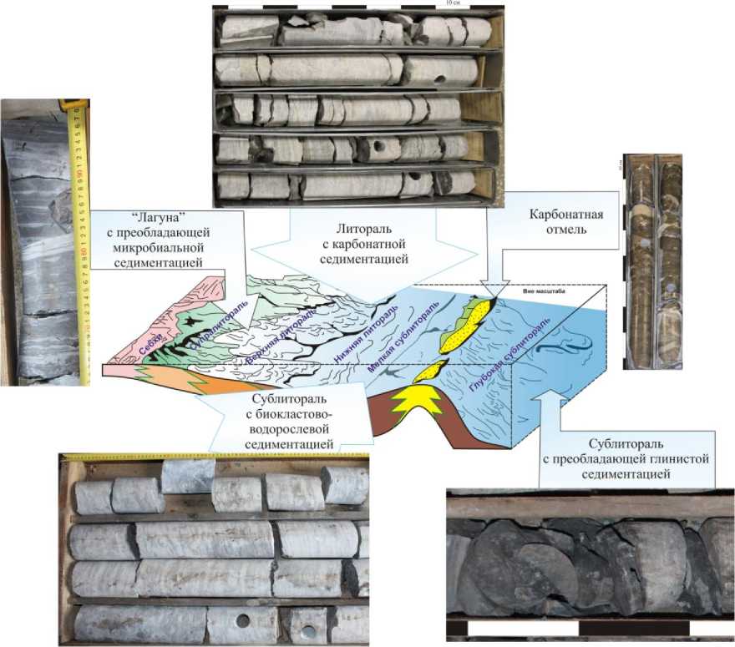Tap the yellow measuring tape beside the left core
click(x=82, y=242)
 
